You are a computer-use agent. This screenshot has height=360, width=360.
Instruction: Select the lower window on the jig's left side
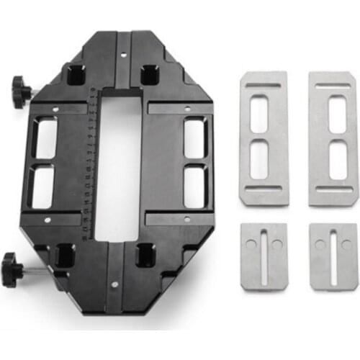click(x=44, y=188)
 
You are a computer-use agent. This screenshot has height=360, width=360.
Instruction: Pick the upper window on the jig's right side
click(x=194, y=138)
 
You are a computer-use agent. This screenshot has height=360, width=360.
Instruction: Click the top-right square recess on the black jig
click(x=149, y=72)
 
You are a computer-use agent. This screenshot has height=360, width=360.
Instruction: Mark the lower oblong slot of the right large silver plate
click(x=336, y=161)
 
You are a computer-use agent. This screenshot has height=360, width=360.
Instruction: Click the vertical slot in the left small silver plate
click(x=264, y=255)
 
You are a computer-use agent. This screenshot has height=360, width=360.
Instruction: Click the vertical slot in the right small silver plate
click(x=333, y=255)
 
